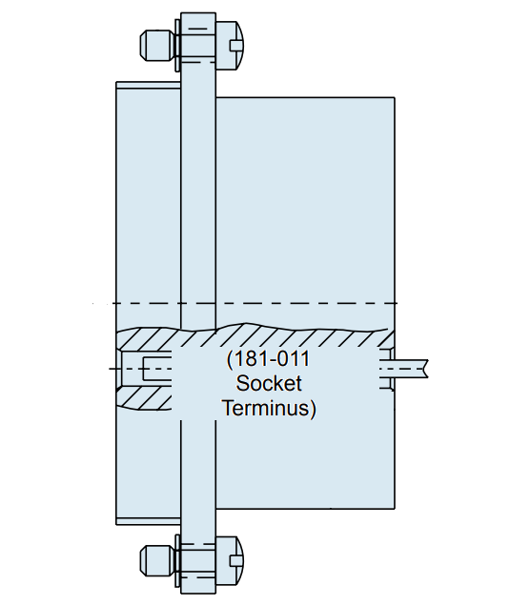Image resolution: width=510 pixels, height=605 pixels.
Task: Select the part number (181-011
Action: click(x=269, y=361)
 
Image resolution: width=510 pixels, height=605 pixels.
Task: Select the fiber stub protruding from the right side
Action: click(x=412, y=366)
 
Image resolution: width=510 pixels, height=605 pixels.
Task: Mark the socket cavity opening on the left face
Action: click(x=143, y=367)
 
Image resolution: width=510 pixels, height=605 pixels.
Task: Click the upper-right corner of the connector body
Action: click(x=395, y=98)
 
